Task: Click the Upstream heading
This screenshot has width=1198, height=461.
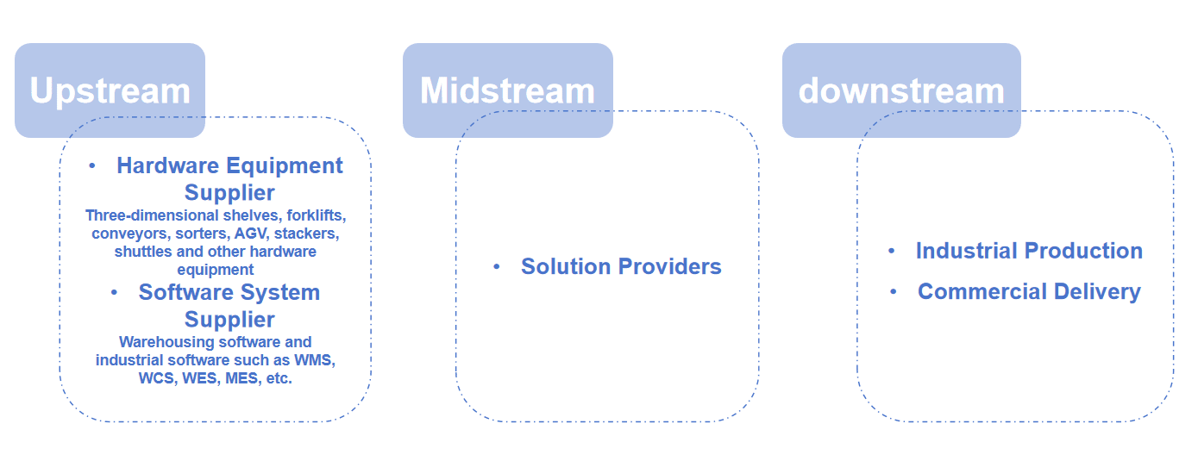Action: pyautogui.click(x=110, y=91)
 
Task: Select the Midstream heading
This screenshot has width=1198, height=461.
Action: pyautogui.click(x=507, y=90)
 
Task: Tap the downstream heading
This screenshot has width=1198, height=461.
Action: pyautogui.click(x=901, y=90)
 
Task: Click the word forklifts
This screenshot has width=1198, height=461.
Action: pyautogui.click(x=316, y=215)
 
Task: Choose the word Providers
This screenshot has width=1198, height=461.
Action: pyautogui.click(x=670, y=266)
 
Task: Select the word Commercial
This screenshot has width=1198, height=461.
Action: pyautogui.click(x=982, y=291)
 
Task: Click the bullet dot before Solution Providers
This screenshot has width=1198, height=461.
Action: pyautogui.click(x=497, y=266)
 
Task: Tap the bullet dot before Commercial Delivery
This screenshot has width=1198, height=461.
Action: pyautogui.click(x=894, y=291)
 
